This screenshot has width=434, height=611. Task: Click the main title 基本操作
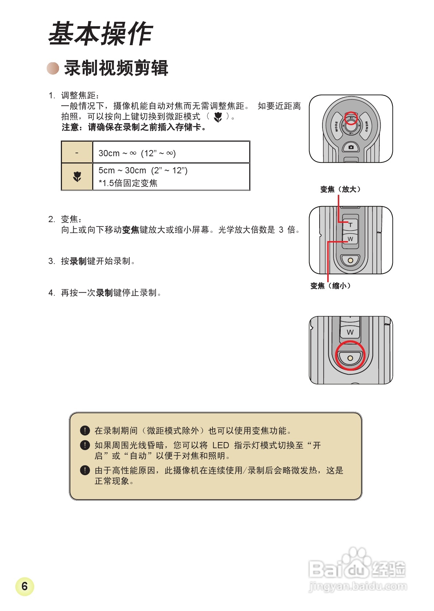100,33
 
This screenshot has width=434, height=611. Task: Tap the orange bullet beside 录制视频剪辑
53,68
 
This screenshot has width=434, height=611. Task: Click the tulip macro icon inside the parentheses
218,117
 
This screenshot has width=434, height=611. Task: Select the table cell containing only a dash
77,153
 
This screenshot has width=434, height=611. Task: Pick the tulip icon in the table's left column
77,177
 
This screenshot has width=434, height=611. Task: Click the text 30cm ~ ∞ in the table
117,153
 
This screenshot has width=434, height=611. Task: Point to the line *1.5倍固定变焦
128,183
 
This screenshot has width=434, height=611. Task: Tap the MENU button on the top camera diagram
366,126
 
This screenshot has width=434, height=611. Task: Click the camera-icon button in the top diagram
351,147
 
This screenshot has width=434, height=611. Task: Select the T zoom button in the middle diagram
350,225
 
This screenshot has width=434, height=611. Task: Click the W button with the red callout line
350,239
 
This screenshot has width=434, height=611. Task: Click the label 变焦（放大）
340,189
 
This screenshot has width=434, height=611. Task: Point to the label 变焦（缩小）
331,286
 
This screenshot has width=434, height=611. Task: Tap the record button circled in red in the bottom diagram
350,358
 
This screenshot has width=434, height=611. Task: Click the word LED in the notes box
220,445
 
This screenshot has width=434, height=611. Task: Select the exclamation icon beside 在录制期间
85,431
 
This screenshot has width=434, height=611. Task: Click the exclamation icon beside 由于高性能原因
85,470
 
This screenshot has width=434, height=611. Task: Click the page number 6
24,586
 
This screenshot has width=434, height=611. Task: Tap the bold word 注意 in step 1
70,127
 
